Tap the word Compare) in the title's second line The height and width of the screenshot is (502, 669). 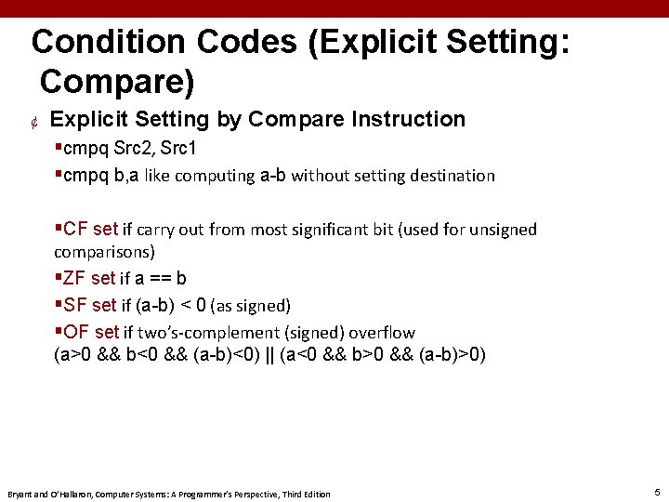click(117, 82)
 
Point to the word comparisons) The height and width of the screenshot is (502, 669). click(104, 251)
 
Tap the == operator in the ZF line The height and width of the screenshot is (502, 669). click(163, 278)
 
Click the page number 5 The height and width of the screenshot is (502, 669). click(657, 492)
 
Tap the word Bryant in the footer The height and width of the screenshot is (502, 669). click(20, 494)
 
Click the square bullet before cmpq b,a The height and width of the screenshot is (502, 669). click(59, 175)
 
